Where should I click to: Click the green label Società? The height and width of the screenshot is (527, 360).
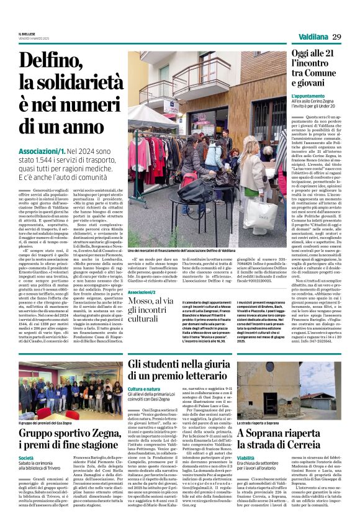[27, 457]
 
